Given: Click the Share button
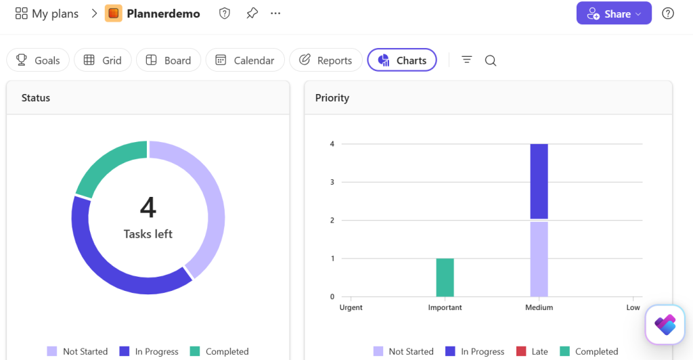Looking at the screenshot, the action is [614, 14].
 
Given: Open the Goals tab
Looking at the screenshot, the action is [38, 60].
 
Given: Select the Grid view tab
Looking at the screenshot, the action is [103, 60].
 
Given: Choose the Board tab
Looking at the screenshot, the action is [169, 60].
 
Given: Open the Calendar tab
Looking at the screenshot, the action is [245, 60].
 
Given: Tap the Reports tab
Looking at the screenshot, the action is [326, 60].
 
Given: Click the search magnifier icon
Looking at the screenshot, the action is [491, 60].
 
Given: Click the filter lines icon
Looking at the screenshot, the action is [467, 60].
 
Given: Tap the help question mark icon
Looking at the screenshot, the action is [668, 14].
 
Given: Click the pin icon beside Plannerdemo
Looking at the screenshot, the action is [252, 14].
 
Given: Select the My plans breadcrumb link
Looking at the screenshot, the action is [47, 14].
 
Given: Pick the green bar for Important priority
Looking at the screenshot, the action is [445, 277].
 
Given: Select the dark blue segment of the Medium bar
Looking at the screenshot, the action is [539, 181].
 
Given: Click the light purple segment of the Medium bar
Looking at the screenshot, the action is [539, 259].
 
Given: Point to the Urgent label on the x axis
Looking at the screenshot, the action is [351, 307].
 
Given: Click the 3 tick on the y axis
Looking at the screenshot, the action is [332, 182].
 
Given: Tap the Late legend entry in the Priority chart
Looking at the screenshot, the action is [532, 352].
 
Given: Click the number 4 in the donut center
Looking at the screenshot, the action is [148, 207].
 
